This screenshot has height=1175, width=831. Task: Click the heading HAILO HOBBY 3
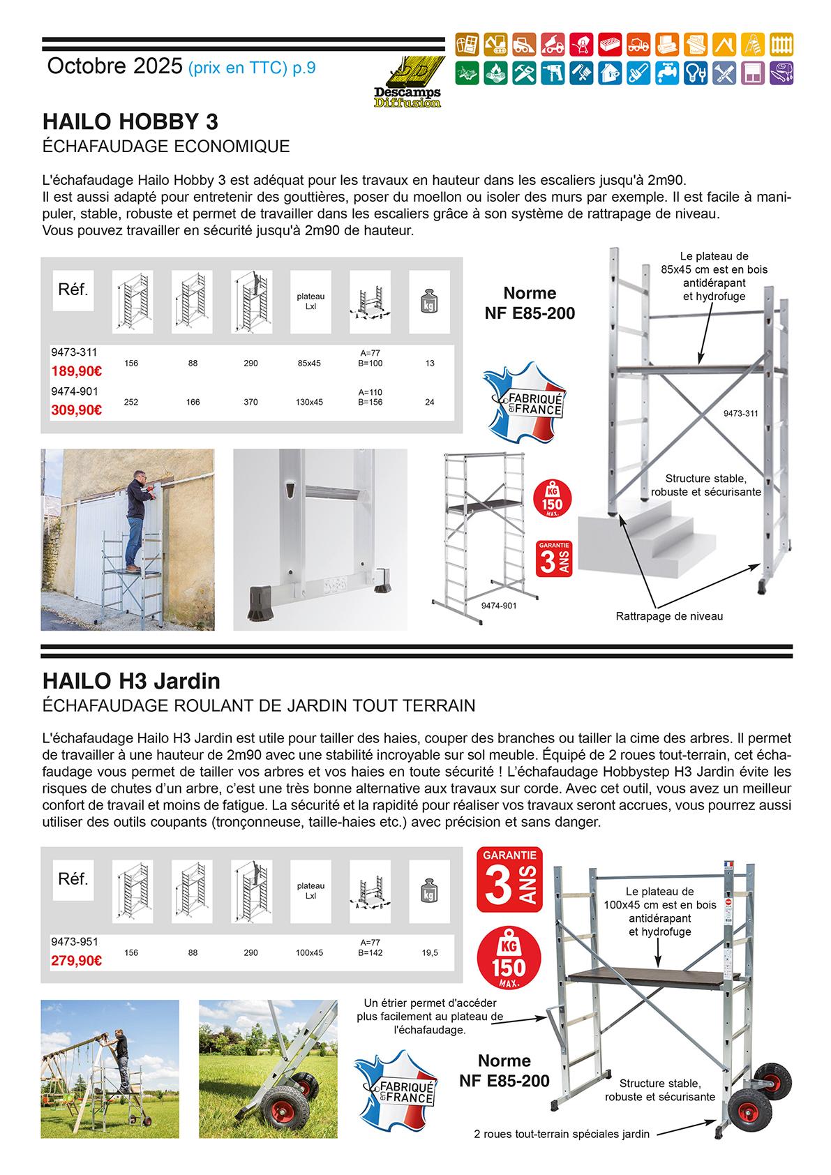[x=130, y=122]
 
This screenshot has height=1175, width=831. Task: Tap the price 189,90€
[x=76, y=370]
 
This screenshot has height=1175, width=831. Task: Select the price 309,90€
[x=76, y=410]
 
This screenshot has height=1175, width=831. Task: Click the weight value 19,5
[x=430, y=952]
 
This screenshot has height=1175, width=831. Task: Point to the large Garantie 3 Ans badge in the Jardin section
[x=511, y=880]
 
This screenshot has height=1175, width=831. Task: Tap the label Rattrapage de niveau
[x=669, y=616]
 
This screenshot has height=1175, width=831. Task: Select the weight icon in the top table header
[x=428, y=301]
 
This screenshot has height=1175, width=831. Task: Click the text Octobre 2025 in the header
[x=114, y=67]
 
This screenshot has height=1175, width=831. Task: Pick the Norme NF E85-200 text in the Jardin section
[x=504, y=1071]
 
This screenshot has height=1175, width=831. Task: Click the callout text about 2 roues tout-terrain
[x=561, y=1134]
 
